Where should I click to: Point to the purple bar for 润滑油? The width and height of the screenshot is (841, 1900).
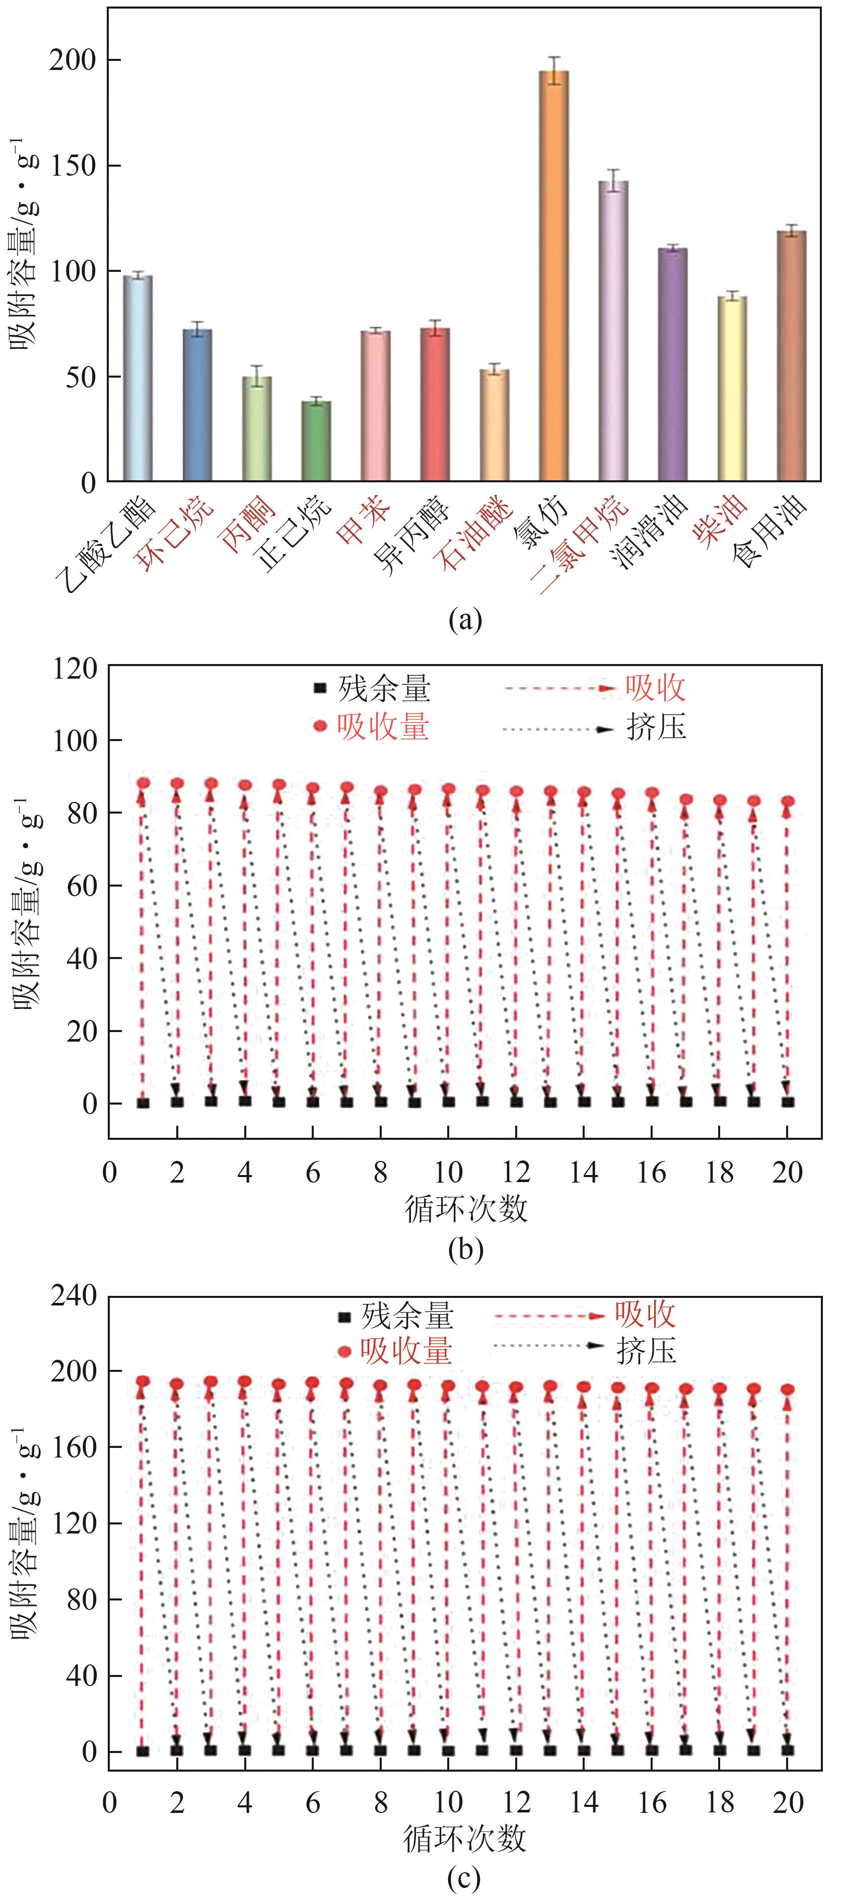(x=672, y=364)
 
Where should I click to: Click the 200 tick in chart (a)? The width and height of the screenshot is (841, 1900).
(x=73, y=60)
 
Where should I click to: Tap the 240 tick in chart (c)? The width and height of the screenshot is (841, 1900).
(x=73, y=1295)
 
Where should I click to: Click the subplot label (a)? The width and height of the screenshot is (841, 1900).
(x=465, y=620)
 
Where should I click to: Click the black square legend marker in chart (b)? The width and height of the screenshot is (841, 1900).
(x=319, y=688)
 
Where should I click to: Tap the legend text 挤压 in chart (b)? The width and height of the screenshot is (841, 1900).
(x=656, y=728)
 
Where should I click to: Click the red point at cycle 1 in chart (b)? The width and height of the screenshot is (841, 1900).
(x=143, y=783)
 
